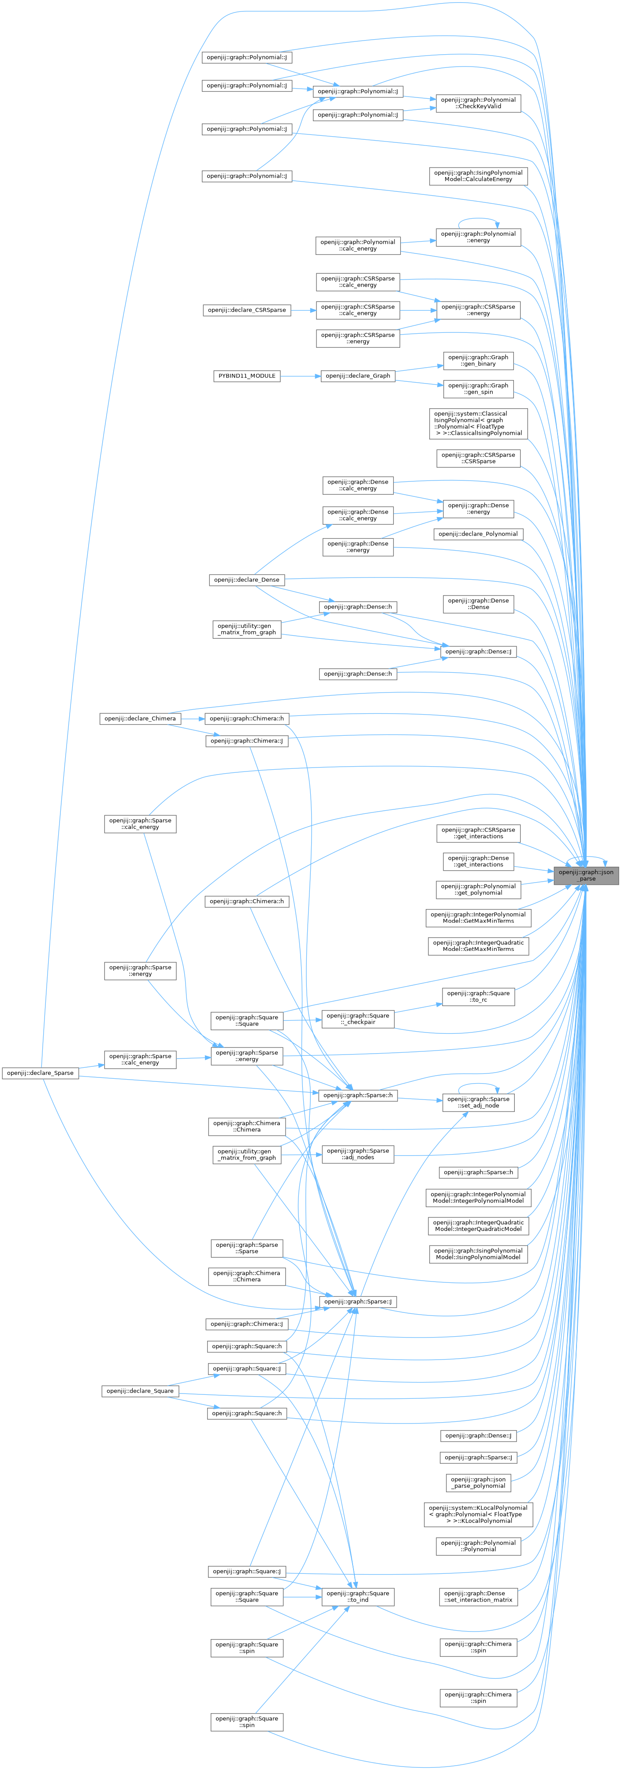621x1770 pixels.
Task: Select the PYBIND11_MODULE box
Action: [247, 376]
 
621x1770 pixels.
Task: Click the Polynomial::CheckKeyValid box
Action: [478, 103]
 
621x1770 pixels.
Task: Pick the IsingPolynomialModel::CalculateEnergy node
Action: [478, 176]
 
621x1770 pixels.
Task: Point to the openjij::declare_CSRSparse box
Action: [247, 310]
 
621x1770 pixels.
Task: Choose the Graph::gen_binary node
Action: [478, 360]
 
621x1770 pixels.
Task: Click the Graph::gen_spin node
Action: [478, 389]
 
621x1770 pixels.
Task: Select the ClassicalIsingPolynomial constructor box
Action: [478, 423]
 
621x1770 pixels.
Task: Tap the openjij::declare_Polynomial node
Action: [478, 534]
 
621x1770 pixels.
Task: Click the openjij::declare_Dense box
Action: [247, 579]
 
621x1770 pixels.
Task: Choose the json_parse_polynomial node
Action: [478, 1482]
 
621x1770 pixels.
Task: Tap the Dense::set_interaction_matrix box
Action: [478, 1597]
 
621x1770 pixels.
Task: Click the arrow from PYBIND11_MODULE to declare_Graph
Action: [300, 376]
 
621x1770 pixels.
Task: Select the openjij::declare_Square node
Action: [140, 1391]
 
